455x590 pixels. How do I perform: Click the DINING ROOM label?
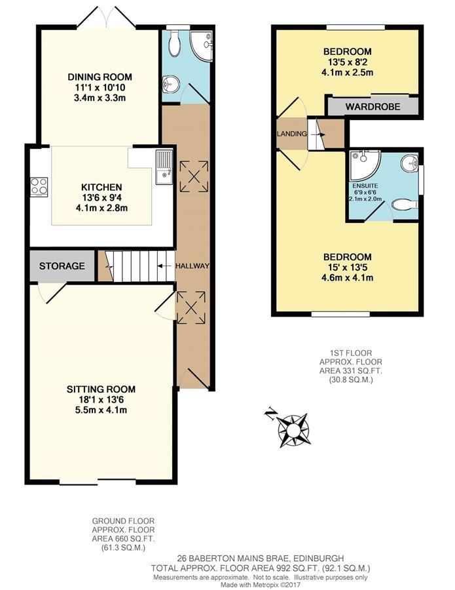(x=100, y=77)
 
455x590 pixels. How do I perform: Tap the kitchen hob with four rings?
(x=39, y=187)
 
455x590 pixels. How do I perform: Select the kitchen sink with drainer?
(x=164, y=167)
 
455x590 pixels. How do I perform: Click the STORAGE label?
(x=62, y=266)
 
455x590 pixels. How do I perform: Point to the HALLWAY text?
(x=192, y=266)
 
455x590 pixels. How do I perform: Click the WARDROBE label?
(x=373, y=107)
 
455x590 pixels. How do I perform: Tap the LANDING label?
(x=292, y=134)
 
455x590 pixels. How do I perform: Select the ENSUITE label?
(x=365, y=186)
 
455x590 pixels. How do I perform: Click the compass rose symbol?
(x=293, y=430)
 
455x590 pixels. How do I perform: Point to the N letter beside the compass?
(x=270, y=414)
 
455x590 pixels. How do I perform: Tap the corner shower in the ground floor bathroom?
(x=202, y=45)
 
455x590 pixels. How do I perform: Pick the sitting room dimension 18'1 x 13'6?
(x=101, y=400)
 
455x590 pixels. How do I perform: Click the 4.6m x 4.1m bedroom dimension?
(x=348, y=278)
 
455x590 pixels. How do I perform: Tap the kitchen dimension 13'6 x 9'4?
(x=101, y=197)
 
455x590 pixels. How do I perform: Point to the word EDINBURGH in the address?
(x=319, y=558)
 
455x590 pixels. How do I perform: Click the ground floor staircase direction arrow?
(x=163, y=266)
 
